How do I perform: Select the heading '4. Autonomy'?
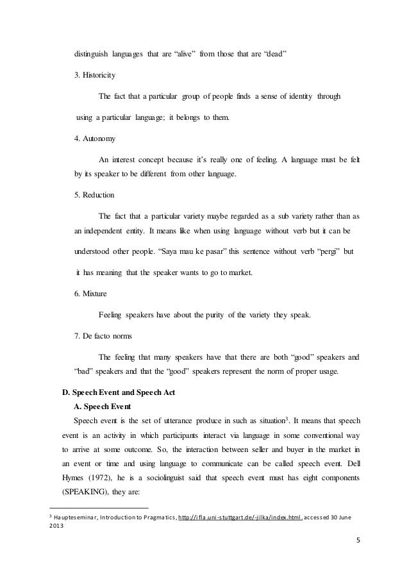(95, 138)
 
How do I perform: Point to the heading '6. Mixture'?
(92, 294)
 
